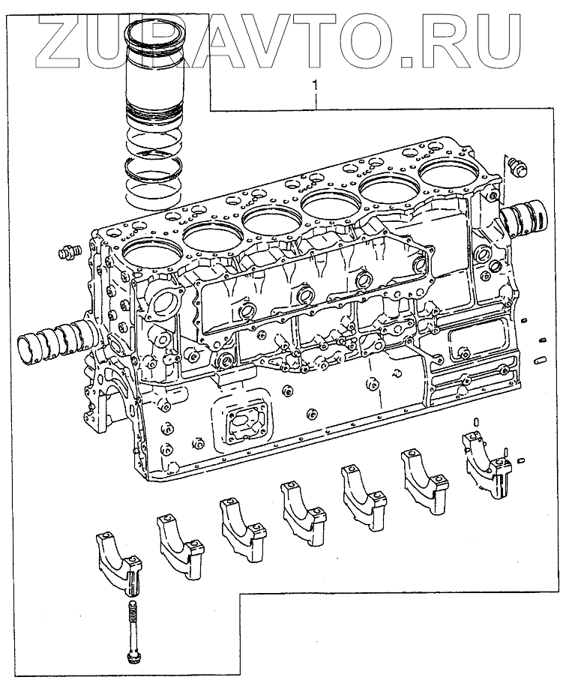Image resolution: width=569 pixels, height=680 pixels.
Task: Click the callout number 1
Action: (x=316, y=86)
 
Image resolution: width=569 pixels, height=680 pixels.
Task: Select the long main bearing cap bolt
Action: (x=133, y=629)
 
